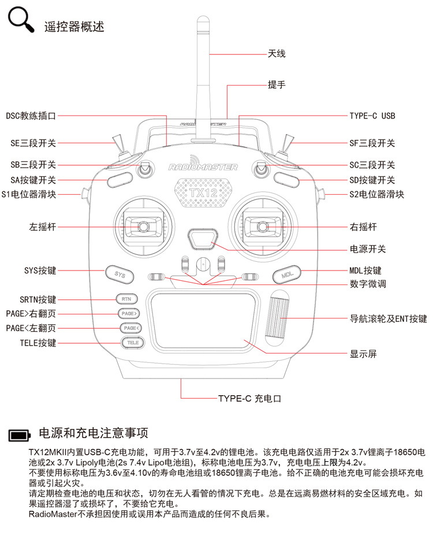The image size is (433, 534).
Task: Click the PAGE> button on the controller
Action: (x=128, y=313)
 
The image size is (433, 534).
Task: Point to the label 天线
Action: (x=277, y=54)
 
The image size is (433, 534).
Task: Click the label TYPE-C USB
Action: (x=372, y=116)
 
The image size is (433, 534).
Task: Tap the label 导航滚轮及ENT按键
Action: (x=389, y=318)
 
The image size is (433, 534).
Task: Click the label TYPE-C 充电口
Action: (x=249, y=398)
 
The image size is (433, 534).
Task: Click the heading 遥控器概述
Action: (x=74, y=27)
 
